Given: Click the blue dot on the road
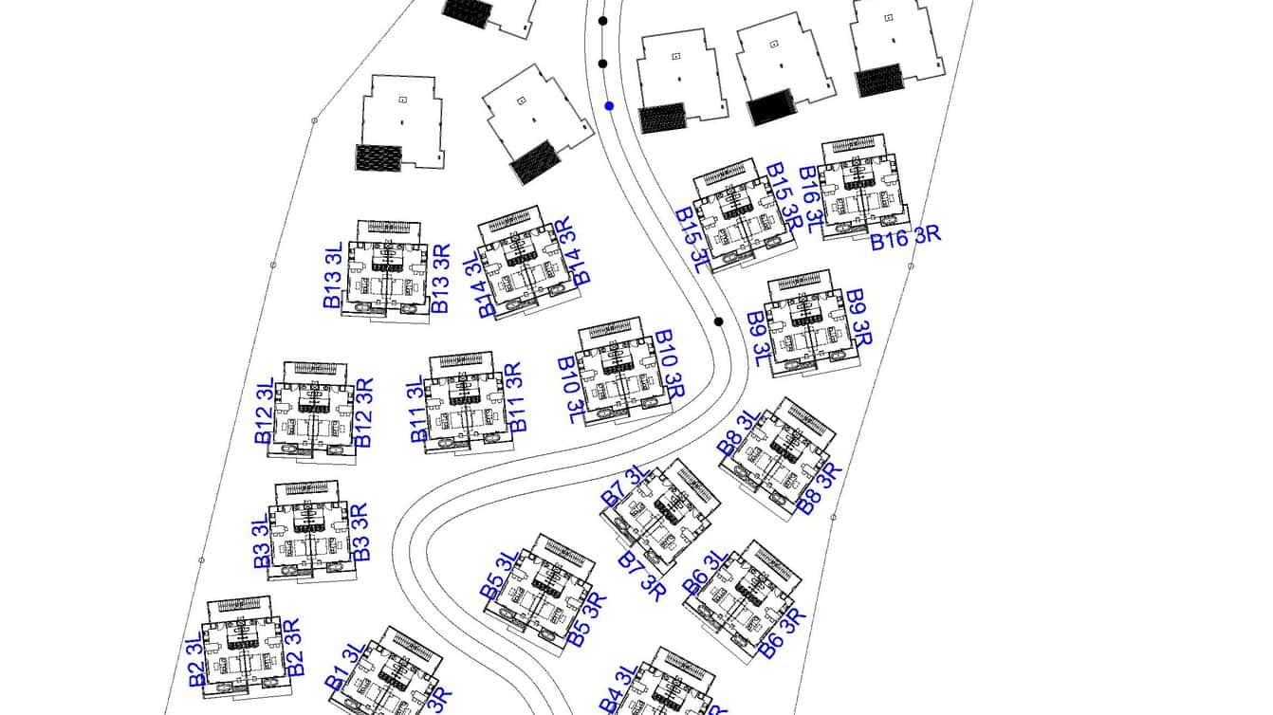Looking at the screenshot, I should pyautogui.click(x=609, y=106).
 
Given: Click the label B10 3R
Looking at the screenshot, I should pyautogui.click(x=670, y=363).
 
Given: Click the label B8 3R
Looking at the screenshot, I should pyautogui.click(x=820, y=487).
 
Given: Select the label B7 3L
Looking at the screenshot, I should pyautogui.click(x=624, y=486).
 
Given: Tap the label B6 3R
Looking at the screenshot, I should pyautogui.click(x=783, y=632).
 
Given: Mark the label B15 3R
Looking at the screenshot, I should pyautogui.click(x=784, y=196).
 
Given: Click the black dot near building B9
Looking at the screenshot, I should pyautogui.click(x=719, y=321).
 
